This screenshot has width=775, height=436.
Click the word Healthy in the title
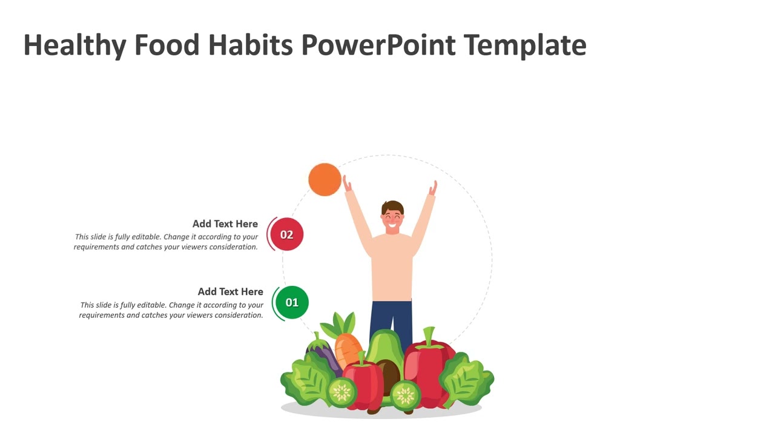click(x=74, y=45)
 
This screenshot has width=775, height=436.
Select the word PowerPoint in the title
click(x=378, y=45)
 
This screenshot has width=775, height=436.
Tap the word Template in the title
click(x=525, y=45)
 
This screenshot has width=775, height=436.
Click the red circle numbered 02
click(x=286, y=234)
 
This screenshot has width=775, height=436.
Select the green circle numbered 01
click(x=292, y=302)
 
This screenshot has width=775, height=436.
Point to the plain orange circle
click(x=325, y=179)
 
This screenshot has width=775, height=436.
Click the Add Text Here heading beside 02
click(x=225, y=223)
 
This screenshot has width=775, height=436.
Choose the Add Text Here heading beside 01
click(x=230, y=291)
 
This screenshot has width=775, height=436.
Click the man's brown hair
click(x=392, y=206)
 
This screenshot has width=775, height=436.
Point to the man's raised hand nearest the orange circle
click(x=347, y=183)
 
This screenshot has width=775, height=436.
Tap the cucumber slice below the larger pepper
click(x=405, y=395)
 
